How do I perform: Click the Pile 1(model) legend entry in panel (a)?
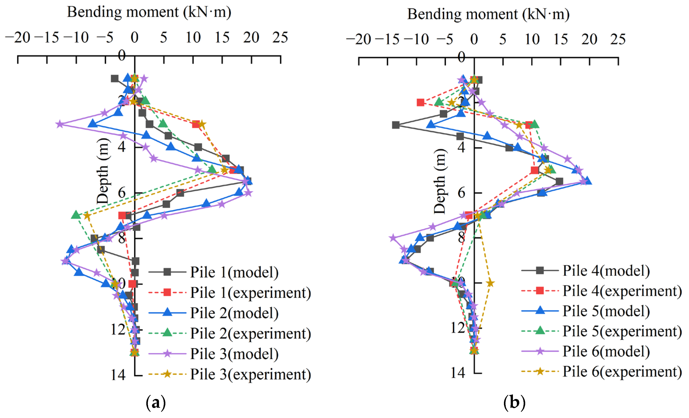234,272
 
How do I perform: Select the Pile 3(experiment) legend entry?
250,374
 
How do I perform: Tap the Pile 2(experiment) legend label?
250,333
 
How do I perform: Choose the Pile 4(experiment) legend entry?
622,291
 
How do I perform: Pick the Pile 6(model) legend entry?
606,351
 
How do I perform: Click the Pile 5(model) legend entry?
606,311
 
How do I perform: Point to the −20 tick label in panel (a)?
18,37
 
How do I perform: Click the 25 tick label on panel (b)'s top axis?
618,39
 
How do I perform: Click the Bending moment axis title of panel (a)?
149,12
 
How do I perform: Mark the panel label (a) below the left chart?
156,403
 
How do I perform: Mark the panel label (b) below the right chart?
514,403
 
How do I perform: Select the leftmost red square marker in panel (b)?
420,103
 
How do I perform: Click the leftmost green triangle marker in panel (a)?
76,215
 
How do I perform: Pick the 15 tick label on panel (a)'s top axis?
222,37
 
